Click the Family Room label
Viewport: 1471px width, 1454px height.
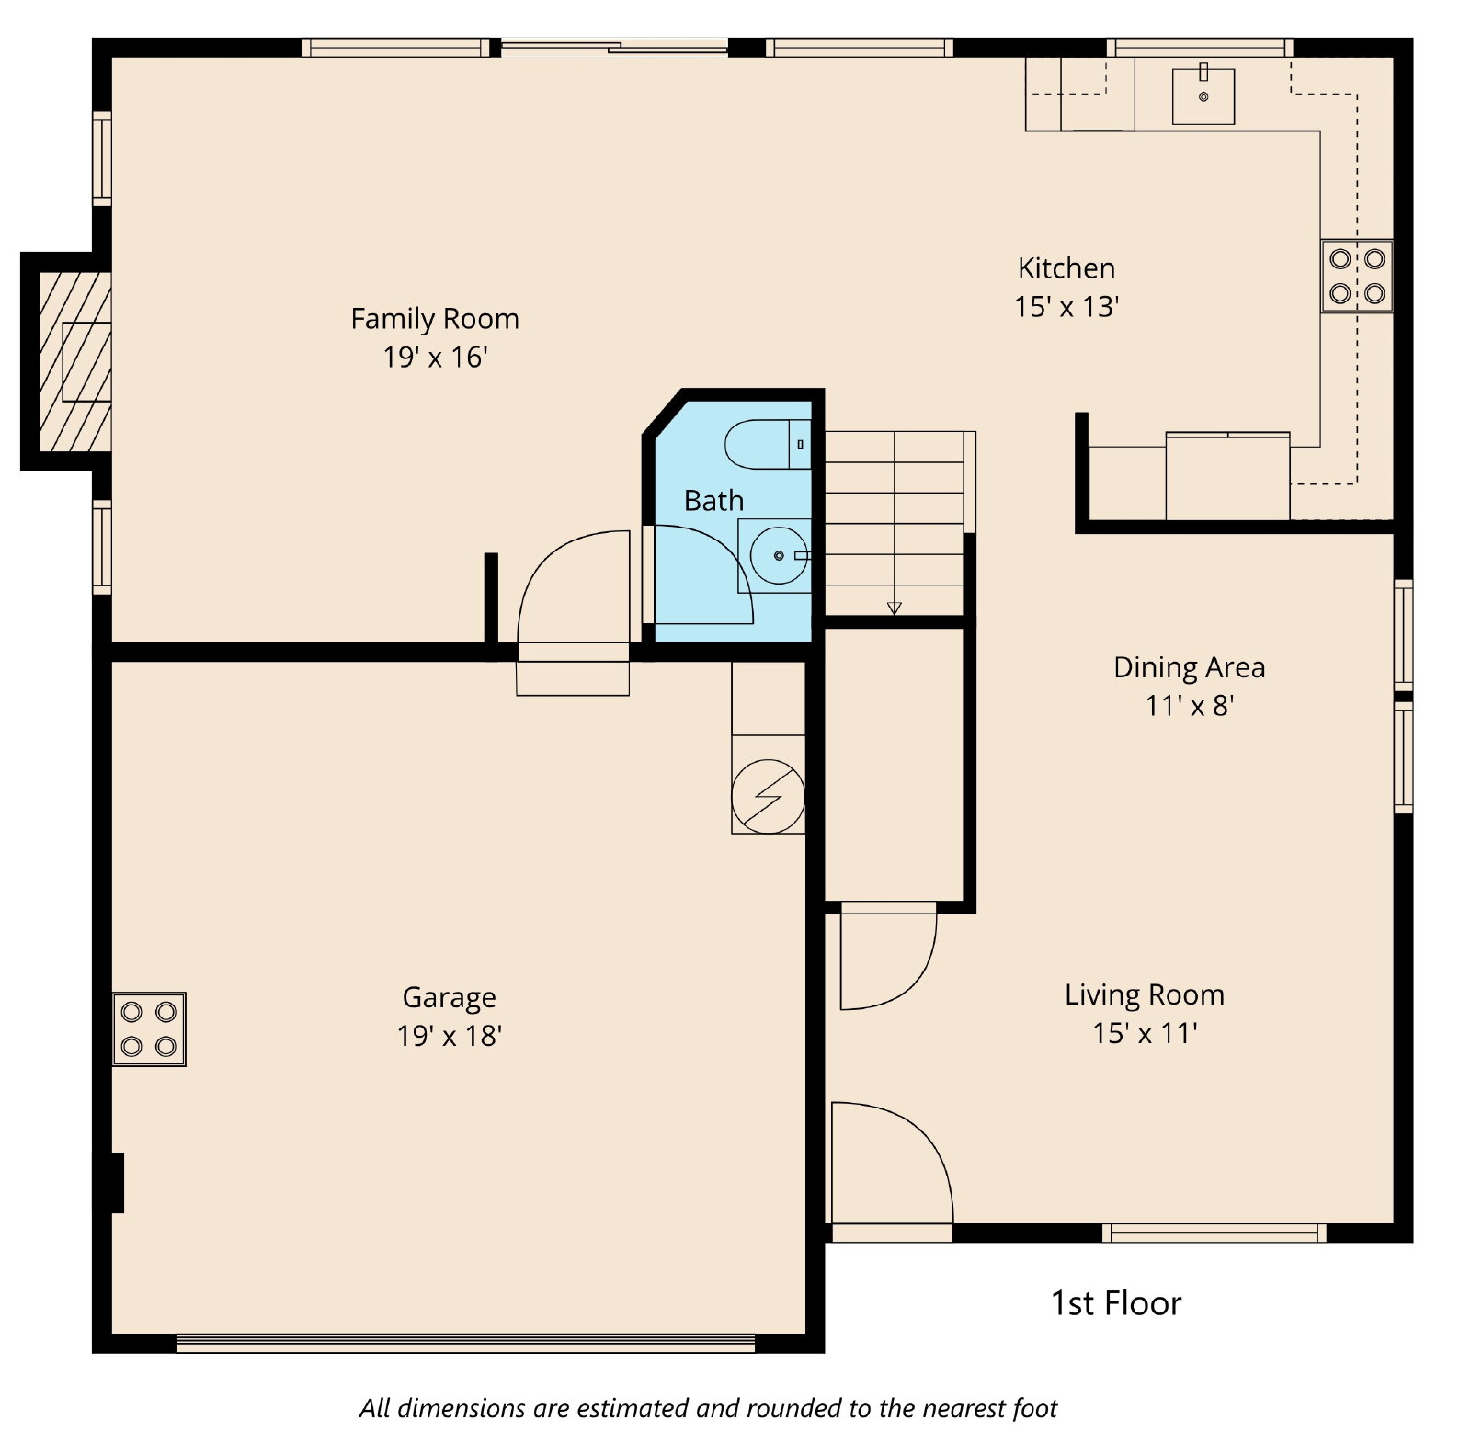click(435, 319)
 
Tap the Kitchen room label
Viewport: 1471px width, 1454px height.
click(1066, 268)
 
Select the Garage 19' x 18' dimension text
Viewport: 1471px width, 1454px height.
click(449, 1036)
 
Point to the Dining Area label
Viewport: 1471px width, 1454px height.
click(1189, 667)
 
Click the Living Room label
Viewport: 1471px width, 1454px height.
click(1145, 994)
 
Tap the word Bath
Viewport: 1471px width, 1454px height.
click(713, 501)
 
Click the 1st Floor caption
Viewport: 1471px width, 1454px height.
click(1115, 1303)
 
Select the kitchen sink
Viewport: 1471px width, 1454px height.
click(1203, 96)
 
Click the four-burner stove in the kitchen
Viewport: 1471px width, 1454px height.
click(1357, 276)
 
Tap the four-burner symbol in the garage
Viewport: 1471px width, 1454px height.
click(149, 1029)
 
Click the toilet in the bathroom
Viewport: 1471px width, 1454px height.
click(768, 444)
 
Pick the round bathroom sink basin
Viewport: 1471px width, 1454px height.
click(779, 556)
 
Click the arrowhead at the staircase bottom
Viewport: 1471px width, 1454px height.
click(895, 608)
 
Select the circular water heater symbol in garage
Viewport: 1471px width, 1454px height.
click(768, 797)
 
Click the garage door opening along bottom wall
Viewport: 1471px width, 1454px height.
click(465, 1343)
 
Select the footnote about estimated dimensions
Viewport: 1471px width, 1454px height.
click(708, 1408)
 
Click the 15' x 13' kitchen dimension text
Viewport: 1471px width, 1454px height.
click(1066, 307)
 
